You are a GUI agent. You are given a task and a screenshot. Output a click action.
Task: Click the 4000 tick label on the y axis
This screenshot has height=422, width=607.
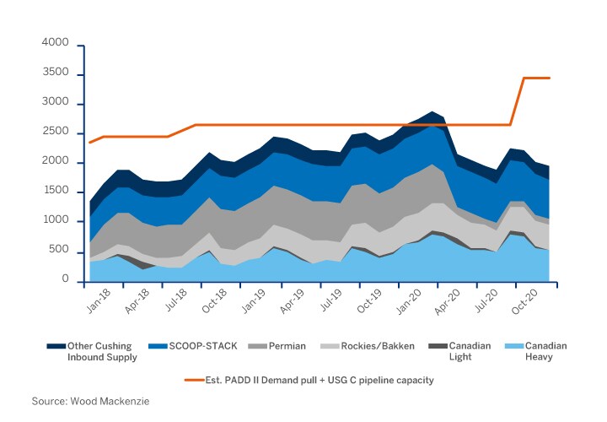(55, 42)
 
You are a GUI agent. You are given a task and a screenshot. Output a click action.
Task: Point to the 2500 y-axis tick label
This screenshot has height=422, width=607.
(55, 132)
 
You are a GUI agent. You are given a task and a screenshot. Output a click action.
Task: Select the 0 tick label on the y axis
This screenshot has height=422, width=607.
(64, 279)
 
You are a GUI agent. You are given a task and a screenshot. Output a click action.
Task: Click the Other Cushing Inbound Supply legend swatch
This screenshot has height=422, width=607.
(56, 346)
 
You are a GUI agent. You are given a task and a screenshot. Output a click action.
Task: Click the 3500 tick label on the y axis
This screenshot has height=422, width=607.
(55, 75)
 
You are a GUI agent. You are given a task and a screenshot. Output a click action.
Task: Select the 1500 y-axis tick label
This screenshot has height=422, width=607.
(55, 191)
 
